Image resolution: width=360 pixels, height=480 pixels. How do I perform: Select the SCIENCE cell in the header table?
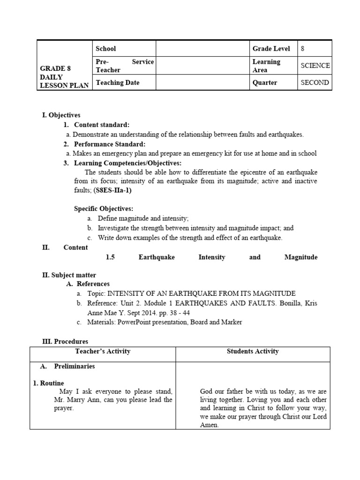(x=315, y=66)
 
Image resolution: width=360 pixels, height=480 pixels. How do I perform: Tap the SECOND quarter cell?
(x=315, y=82)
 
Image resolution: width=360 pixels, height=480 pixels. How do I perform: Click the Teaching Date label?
(x=118, y=82)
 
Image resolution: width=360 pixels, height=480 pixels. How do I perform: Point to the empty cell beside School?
(x=202, y=49)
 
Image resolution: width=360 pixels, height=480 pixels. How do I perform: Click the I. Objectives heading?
(x=61, y=115)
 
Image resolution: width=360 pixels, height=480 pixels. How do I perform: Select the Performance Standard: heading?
(x=110, y=144)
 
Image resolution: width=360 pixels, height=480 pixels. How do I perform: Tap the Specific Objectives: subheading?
(x=104, y=209)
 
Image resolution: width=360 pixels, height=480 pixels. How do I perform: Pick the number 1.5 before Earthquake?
(x=111, y=257)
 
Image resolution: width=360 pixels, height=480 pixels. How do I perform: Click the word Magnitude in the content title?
(x=300, y=257)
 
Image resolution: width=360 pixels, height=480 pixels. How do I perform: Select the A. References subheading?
(x=88, y=284)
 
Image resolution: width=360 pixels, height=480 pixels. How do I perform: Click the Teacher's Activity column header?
(x=103, y=351)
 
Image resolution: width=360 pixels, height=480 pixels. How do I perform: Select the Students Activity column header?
(x=252, y=351)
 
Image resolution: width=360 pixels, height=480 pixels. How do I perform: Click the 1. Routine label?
(x=49, y=383)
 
